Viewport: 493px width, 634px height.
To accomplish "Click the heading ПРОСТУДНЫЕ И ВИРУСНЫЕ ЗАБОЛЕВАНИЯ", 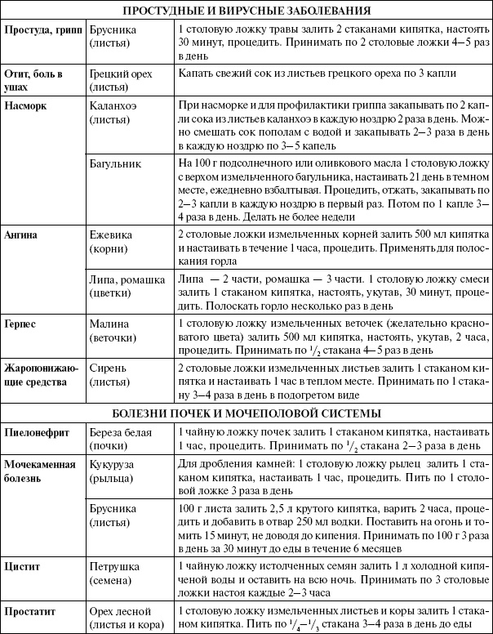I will pyautogui.click(x=246, y=11).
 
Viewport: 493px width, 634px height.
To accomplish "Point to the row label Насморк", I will pyautogui.click(x=27, y=106).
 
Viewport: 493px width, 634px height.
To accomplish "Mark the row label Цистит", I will pyautogui.click(x=23, y=566).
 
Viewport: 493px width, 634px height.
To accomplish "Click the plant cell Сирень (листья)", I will pyautogui.click(x=111, y=374).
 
